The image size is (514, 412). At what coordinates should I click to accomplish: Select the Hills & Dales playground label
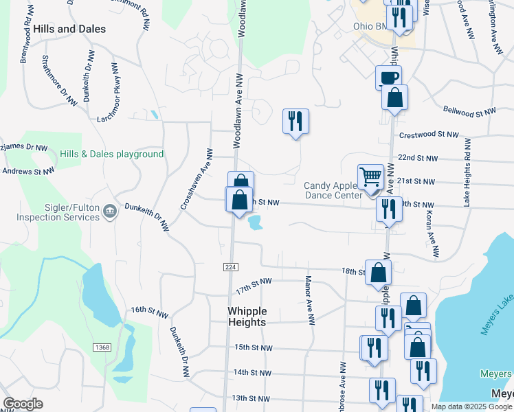(x=111, y=154)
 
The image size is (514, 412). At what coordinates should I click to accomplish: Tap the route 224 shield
(x=230, y=266)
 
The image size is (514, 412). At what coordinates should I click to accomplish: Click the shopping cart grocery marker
(x=370, y=177)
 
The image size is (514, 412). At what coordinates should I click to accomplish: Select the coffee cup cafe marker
(x=388, y=78)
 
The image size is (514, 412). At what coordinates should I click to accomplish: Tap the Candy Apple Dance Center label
(x=333, y=190)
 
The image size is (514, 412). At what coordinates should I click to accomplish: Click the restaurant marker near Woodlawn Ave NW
(x=295, y=122)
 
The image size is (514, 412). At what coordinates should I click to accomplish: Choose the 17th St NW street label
(x=254, y=282)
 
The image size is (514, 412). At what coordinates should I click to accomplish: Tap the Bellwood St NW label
(x=469, y=111)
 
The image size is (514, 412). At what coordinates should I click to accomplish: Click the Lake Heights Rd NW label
(x=467, y=172)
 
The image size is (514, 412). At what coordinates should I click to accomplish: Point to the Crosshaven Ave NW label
(x=197, y=179)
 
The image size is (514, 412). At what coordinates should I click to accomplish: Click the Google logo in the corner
(x=23, y=404)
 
